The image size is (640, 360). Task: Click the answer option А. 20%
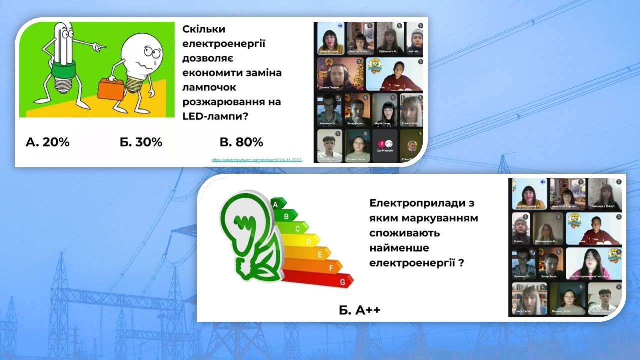(47, 142)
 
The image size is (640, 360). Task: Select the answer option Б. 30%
(141, 142)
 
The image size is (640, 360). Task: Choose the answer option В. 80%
(241, 142)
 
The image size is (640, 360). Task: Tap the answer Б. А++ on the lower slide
(359, 310)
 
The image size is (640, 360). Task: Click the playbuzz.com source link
(257, 160)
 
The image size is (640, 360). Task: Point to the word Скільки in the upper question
(204, 29)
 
